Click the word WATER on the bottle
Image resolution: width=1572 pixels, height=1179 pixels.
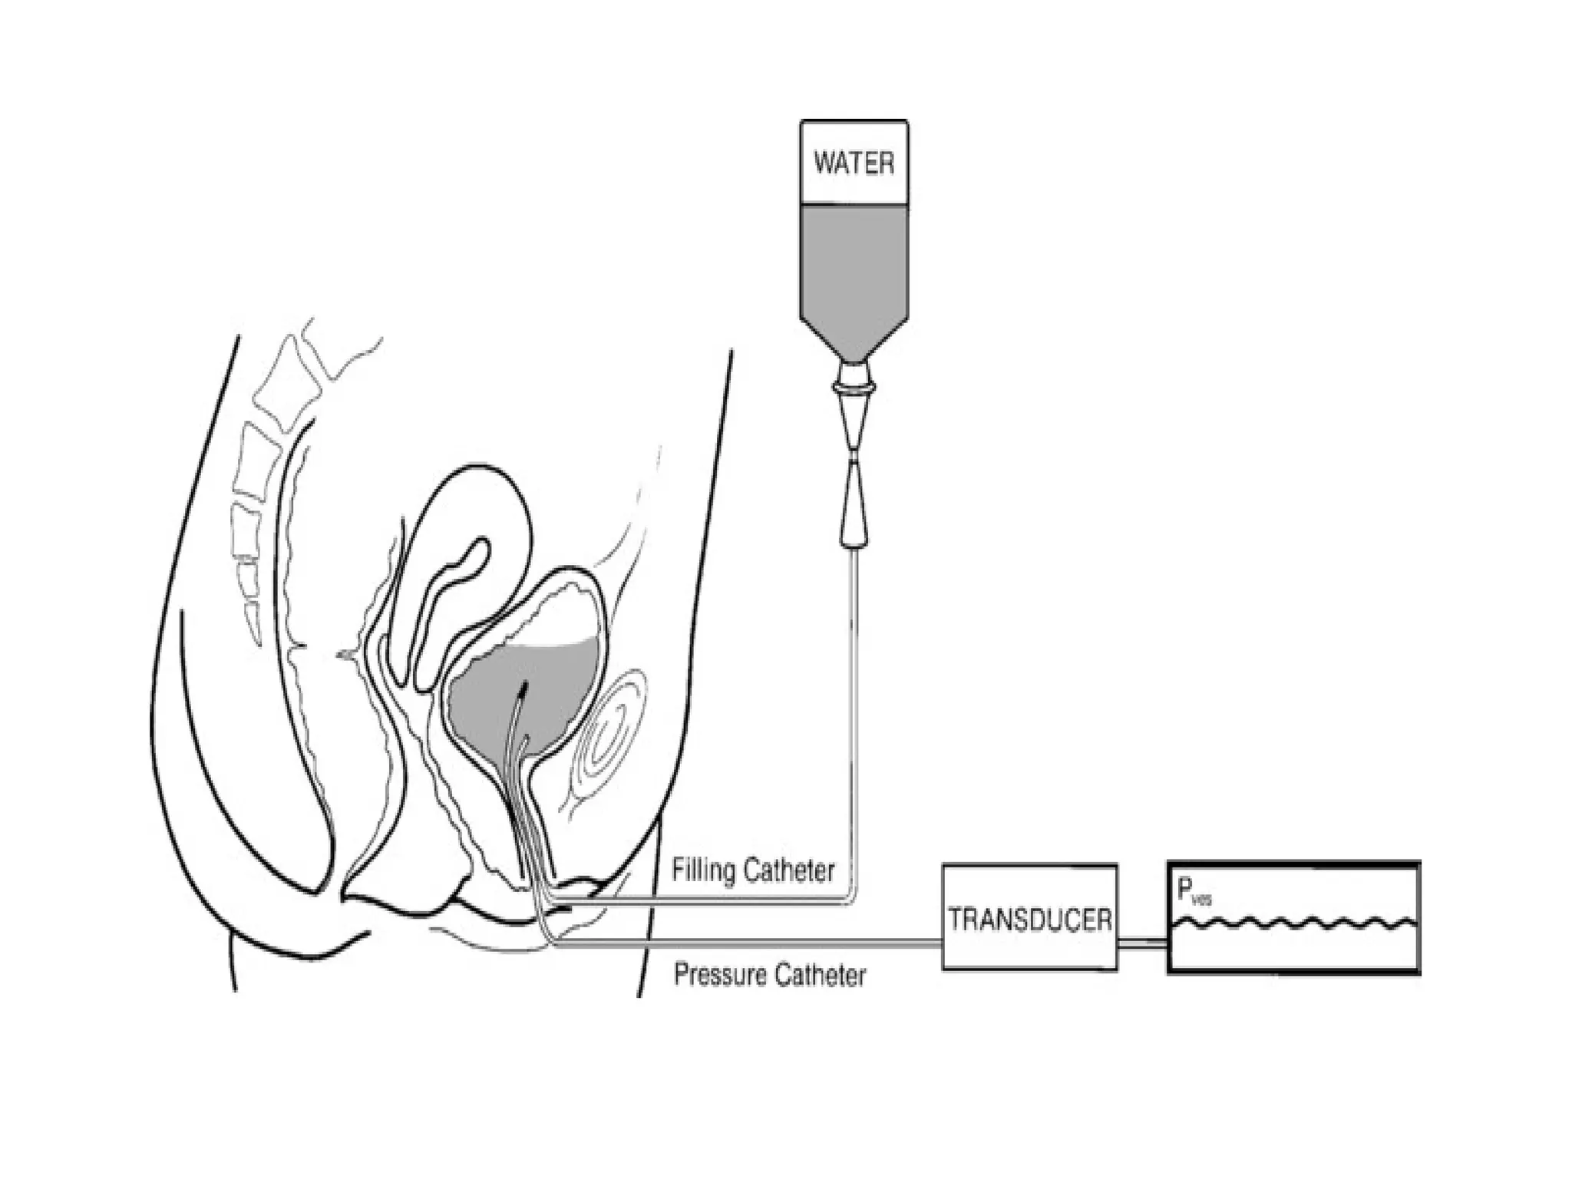tap(854, 163)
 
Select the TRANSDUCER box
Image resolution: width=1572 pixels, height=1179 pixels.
tap(1029, 918)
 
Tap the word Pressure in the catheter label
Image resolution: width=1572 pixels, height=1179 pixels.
tap(719, 975)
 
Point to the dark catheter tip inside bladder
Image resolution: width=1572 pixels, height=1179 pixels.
tap(524, 685)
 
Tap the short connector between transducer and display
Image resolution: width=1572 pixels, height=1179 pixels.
tap(1141, 942)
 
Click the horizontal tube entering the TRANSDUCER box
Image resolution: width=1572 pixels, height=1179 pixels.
tap(768, 945)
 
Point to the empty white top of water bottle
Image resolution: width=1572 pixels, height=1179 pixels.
tap(854, 138)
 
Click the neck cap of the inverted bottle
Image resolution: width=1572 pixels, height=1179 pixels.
tap(854, 376)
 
